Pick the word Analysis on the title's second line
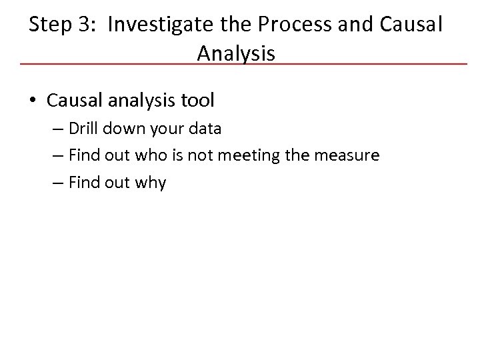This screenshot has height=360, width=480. (236, 53)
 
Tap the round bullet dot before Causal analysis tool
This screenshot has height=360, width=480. (32, 101)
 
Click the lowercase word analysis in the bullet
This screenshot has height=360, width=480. (142, 101)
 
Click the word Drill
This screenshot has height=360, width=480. (83, 129)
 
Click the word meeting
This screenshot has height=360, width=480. (248, 155)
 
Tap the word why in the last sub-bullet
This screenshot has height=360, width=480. (151, 183)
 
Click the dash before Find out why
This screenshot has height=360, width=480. (57, 183)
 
